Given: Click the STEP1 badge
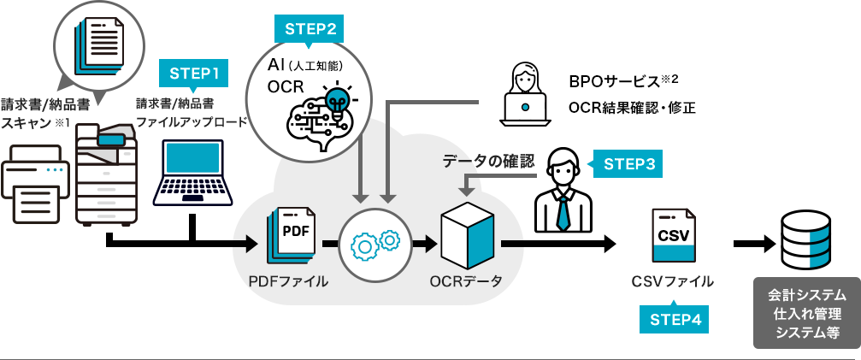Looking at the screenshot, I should [x=194, y=74].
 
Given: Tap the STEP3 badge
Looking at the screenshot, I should [x=628, y=164].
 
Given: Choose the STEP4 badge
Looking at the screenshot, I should [x=675, y=319].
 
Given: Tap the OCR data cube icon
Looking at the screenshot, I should [x=467, y=240].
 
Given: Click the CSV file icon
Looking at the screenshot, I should [x=674, y=237].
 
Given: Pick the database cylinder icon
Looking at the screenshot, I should [x=805, y=241].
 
